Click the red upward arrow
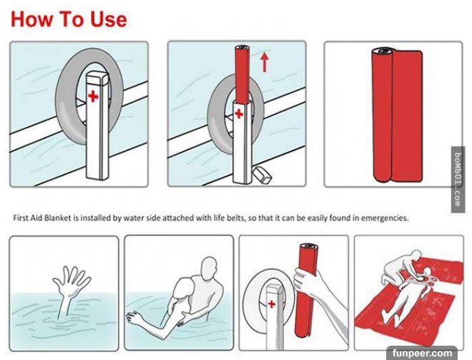265,62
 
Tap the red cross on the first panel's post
93,97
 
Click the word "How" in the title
32,19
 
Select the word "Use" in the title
109,19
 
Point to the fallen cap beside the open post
262,175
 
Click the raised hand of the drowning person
71,280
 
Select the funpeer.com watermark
422,353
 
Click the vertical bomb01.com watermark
458,180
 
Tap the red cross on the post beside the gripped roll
272,304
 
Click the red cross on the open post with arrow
239,114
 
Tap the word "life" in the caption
217,218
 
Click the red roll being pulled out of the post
242,74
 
